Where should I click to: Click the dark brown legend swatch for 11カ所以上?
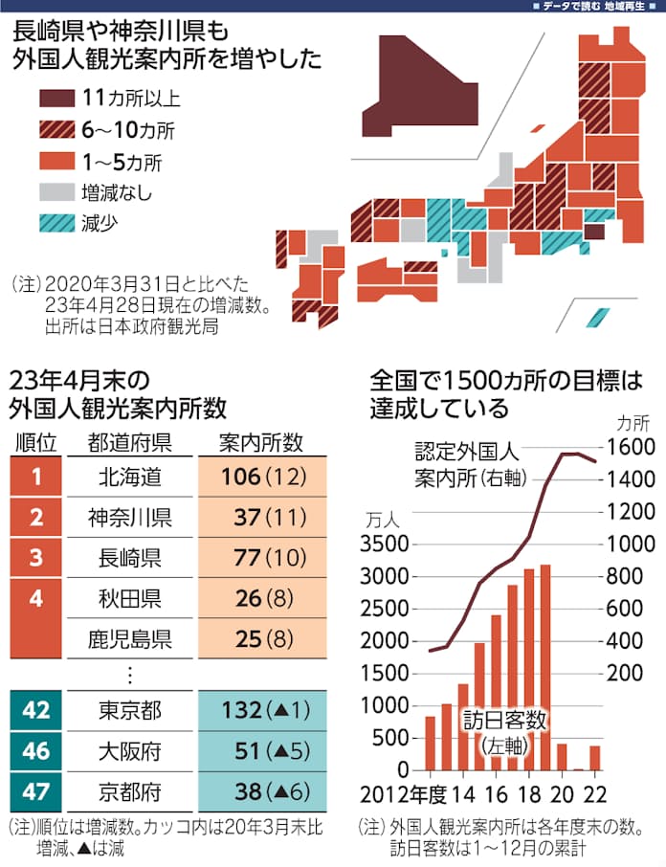pos(57,98)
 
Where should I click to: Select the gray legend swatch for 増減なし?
pos(57,192)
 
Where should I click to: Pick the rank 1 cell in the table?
pos(34,476)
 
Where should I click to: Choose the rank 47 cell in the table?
pos(34,791)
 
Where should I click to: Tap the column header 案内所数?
pos(260,442)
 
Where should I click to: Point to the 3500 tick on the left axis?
pos(388,545)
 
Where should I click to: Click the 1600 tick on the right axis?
pos(633,447)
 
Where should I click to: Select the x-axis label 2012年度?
pos(407,796)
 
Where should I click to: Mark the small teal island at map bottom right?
pos(599,316)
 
